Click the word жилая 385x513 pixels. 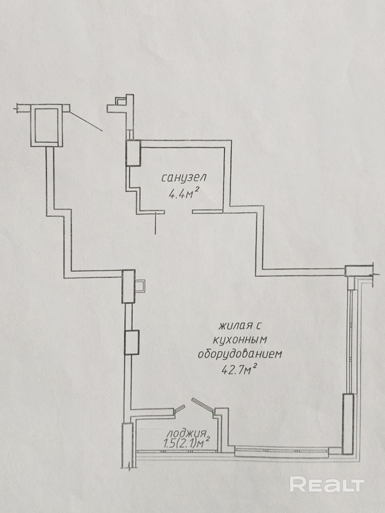click(231, 325)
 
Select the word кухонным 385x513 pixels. click(240, 340)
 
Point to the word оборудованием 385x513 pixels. click(240, 355)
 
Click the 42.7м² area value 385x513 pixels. click(239, 370)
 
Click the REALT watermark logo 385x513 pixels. click(327, 485)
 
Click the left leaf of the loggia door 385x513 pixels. click(179, 408)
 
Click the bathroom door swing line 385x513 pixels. click(156, 223)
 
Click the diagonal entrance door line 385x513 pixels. click(85, 121)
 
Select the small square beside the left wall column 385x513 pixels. click(140, 286)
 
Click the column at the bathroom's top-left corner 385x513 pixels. click(133, 153)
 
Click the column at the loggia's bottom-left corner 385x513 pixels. click(127, 445)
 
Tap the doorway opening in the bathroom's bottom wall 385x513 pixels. click(178, 211)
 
